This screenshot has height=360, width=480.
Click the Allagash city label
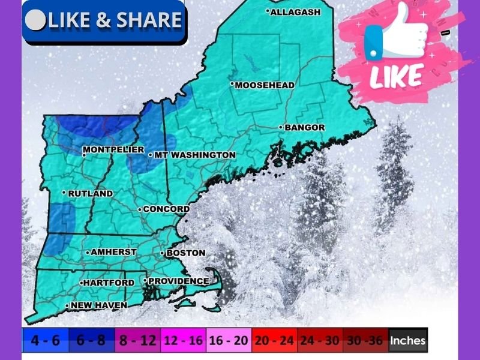tap(295, 11)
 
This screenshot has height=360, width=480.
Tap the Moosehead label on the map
tap(264, 85)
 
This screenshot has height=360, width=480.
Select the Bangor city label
tap(304, 127)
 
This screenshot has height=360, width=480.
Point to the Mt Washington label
tap(194, 155)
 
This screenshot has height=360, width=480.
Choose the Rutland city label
tap(90, 193)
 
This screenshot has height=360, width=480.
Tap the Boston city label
tap(185, 253)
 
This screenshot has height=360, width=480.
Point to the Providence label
tap(178, 281)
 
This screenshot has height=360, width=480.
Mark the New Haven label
tap(98, 305)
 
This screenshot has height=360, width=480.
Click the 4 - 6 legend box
tap(46, 341)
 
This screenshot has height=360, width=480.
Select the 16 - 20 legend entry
tap(228, 341)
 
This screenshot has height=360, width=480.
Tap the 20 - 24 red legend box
tap(274, 341)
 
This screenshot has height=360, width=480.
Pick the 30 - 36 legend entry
tap(365, 341)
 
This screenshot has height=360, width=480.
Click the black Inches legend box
tap(408, 341)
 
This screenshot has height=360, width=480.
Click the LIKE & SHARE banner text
tap(114, 20)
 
